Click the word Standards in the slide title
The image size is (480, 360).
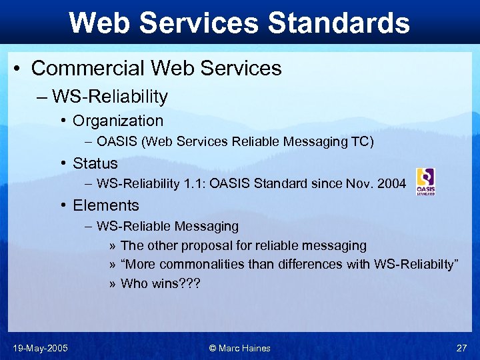click(338, 23)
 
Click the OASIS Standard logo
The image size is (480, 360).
click(425, 181)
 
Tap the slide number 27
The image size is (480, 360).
click(461, 348)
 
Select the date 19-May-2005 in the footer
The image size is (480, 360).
click(40, 348)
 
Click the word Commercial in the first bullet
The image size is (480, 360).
click(90, 68)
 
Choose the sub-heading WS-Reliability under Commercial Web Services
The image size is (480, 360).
click(110, 97)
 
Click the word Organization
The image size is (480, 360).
click(118, 121)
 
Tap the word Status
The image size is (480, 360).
click(95, 163)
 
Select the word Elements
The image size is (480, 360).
click(106, 205)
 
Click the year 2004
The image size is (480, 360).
click(391, 184)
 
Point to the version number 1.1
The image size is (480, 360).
click(193, 184)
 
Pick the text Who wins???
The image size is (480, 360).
click(160, 283)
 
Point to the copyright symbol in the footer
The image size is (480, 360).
click(213, 348)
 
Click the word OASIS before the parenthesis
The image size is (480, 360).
click(117, 141)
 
